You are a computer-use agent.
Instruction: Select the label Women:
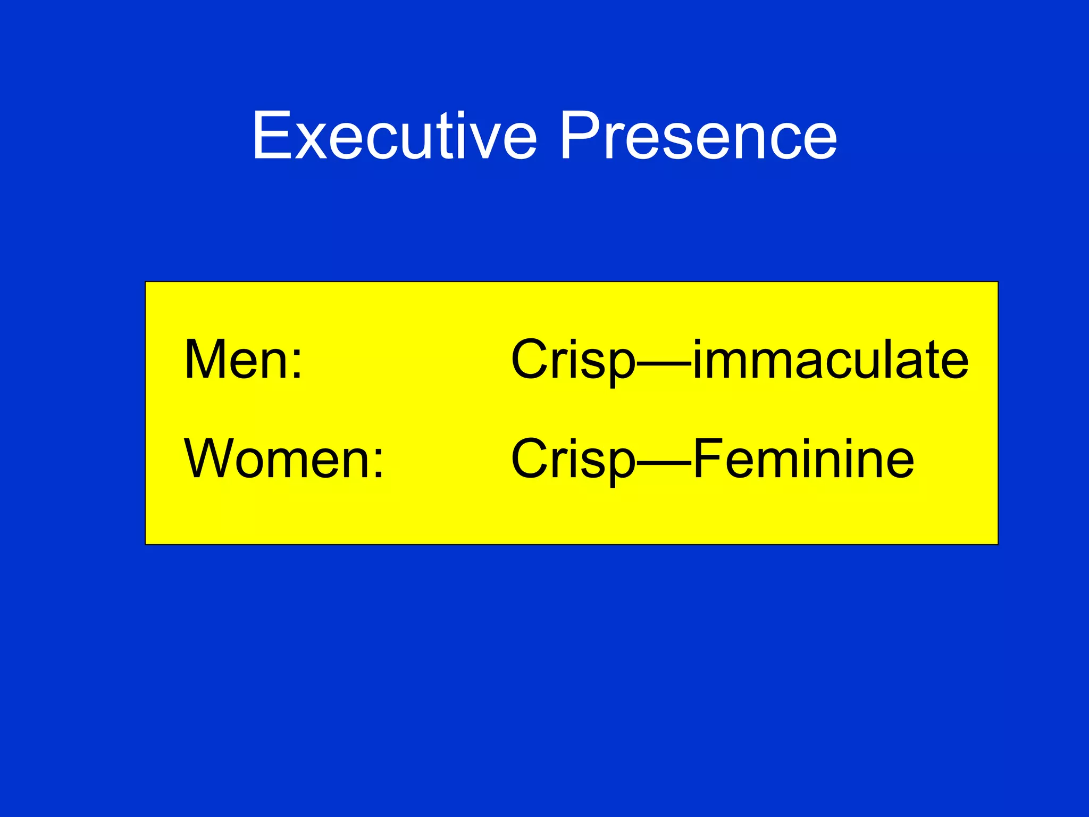tap(283, 458)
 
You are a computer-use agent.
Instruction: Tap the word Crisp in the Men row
tap(573, 361)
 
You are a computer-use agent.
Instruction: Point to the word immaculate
tap(831, 360)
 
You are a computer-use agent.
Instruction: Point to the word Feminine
tap(803, 458)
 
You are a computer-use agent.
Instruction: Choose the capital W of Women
tap(215, 458)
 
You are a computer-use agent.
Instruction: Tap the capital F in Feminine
tap(709, 458)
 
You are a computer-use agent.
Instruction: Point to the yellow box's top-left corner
tap(146, 282)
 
